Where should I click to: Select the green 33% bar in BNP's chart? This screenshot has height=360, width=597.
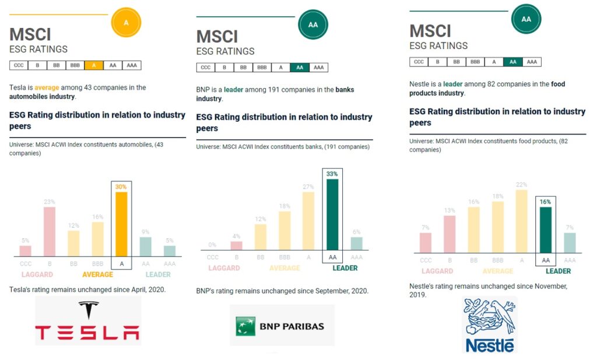click(x=332, y=214)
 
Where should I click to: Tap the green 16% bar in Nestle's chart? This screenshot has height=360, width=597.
click(x=545, y=230)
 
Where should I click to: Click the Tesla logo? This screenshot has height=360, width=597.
click(x=88, y=321)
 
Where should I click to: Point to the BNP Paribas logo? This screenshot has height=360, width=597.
click(x=282, y=325)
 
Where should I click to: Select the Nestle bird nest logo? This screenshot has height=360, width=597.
click(x=490, y=324)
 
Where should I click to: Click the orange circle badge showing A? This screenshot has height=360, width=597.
click(x=126, y=23)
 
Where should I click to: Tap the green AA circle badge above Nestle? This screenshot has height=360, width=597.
click(x=526, y=19)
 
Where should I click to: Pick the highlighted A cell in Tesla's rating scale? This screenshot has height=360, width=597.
click(x=94, y=65)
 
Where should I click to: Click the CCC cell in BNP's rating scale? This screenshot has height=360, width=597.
click(x=206, y=68)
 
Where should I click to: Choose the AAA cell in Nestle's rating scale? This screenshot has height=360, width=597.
click(x=531, y=62)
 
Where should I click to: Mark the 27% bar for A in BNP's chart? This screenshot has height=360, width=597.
click(x=308, y=221)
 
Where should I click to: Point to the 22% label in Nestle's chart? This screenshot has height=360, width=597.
click(x=521, y=185)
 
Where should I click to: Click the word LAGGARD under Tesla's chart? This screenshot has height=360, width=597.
click(x=38, y=274)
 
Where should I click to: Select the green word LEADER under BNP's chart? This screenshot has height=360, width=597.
click(x=345, y=268)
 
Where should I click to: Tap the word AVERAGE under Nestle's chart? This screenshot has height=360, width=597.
click(x=497, y=271)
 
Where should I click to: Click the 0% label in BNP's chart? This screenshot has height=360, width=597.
click(x=212, y=245)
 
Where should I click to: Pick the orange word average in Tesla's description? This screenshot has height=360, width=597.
click(x=47, y=87)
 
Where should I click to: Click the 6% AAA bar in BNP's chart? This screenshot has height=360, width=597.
click(x=356, y=243)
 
